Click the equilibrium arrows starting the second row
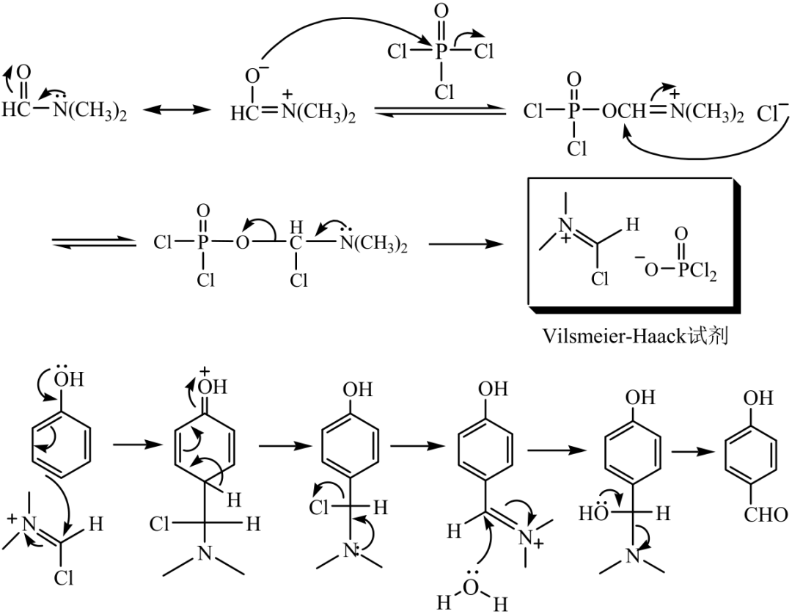pos(93,243)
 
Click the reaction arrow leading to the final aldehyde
pos(694,451)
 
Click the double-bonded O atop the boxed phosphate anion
pos(681,234)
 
